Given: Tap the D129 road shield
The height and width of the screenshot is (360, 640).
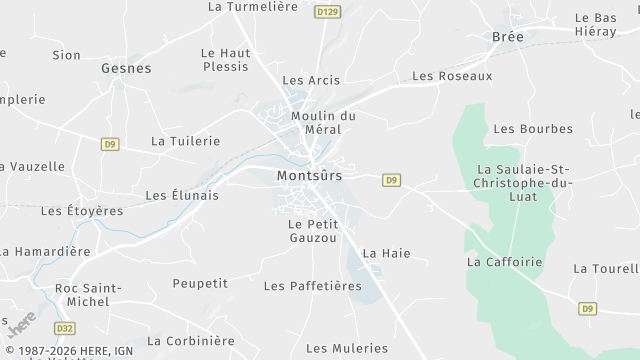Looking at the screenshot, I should click(x=326, y=12).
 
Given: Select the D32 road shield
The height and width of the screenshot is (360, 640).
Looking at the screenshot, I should click(x=64, y=327).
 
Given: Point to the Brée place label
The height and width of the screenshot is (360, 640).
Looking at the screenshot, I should click(x=508, y=37).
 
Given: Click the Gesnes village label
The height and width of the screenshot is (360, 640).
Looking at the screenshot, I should click(x=126, y=69).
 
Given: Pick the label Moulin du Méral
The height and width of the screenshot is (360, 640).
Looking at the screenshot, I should click(x=323, y=123).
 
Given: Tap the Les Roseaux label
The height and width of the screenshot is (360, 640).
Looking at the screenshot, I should click(x=452, y=76).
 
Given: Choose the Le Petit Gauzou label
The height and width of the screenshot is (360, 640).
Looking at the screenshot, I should click(x=312, y=231).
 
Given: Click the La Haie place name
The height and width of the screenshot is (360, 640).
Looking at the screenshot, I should click(x=386, y=254).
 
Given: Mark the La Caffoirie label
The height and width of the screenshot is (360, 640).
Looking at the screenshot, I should click(x=504, y=262).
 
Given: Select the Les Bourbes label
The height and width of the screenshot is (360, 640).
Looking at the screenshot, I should click(x=533, y=129).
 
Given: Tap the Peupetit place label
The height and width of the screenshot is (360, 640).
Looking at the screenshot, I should click(x=200, y=284).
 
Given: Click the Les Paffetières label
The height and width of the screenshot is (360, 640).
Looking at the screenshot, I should click(x=312, y=286).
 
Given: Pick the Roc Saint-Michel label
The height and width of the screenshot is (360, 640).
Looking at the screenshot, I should click(x=88, y=296).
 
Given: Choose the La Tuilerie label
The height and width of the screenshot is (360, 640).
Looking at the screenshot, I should click(x=184, y=141).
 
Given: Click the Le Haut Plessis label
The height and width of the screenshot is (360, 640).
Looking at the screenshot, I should click(x=224, y=60).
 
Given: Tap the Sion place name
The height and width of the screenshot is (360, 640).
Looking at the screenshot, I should click(x=66, y=55).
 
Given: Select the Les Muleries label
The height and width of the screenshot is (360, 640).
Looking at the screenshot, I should click(x=346, y=348).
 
